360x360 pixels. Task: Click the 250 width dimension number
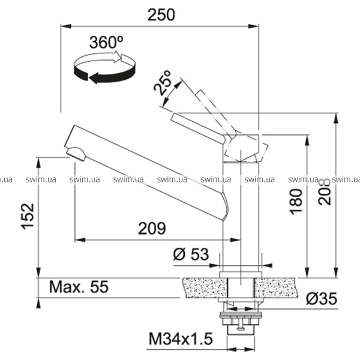coord(161,14)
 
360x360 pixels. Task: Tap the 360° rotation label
coord(106,42)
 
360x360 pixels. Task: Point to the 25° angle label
coord(163,82)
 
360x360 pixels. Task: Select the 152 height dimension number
coord(28,216)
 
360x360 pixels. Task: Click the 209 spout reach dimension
coord(152,228)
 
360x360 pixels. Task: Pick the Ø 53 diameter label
coord(191,254)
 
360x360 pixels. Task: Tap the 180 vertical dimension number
coord(296,202)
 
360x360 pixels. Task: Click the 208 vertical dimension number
coord(325,191)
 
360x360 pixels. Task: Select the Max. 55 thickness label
coord(79,287)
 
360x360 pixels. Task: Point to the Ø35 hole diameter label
coord(322,298)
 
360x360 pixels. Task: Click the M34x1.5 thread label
coord(181,338)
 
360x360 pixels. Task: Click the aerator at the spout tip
coord(76,154)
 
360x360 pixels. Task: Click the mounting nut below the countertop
coord(241,319)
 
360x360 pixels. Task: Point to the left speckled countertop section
coord(205,288)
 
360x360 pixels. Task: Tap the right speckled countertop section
coord(277,288)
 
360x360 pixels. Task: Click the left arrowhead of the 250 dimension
coord(66,26)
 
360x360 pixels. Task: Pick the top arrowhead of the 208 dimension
coord(336,118)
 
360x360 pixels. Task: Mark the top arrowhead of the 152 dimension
coord(39,163)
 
